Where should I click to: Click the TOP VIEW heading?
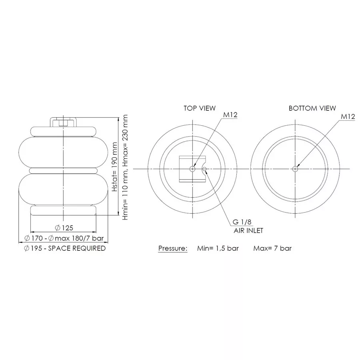pos(200,108)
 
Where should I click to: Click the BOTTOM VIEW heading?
pos(312,108)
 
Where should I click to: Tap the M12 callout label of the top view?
pos(230,115)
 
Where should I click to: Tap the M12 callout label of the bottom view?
pos(348,116)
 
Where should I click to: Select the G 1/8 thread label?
pos(242,222)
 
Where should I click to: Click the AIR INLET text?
pos(248,230)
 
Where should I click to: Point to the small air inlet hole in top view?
pos(204,169)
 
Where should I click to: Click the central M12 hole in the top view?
pos(192,169)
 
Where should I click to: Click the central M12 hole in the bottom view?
pos(295,169)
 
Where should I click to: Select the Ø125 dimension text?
pos(64,228)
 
